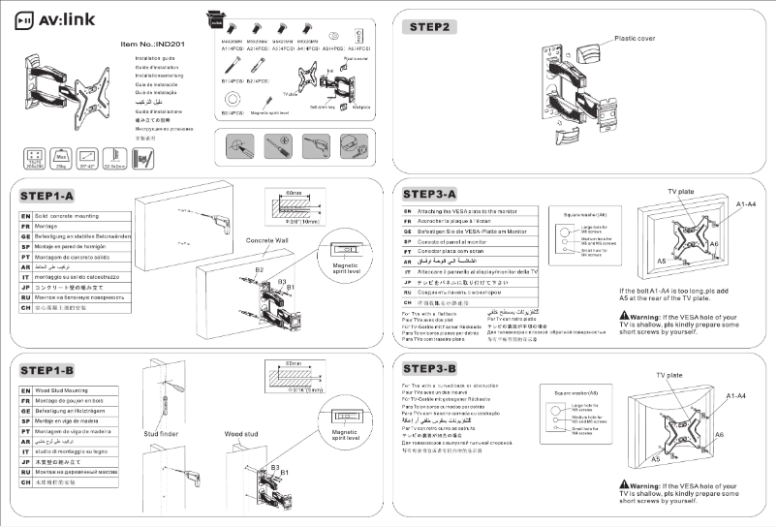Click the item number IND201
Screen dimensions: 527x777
click(151, 45)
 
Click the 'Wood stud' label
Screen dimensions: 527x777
click(242, 434)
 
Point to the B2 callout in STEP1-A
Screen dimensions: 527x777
click(259, 270)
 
